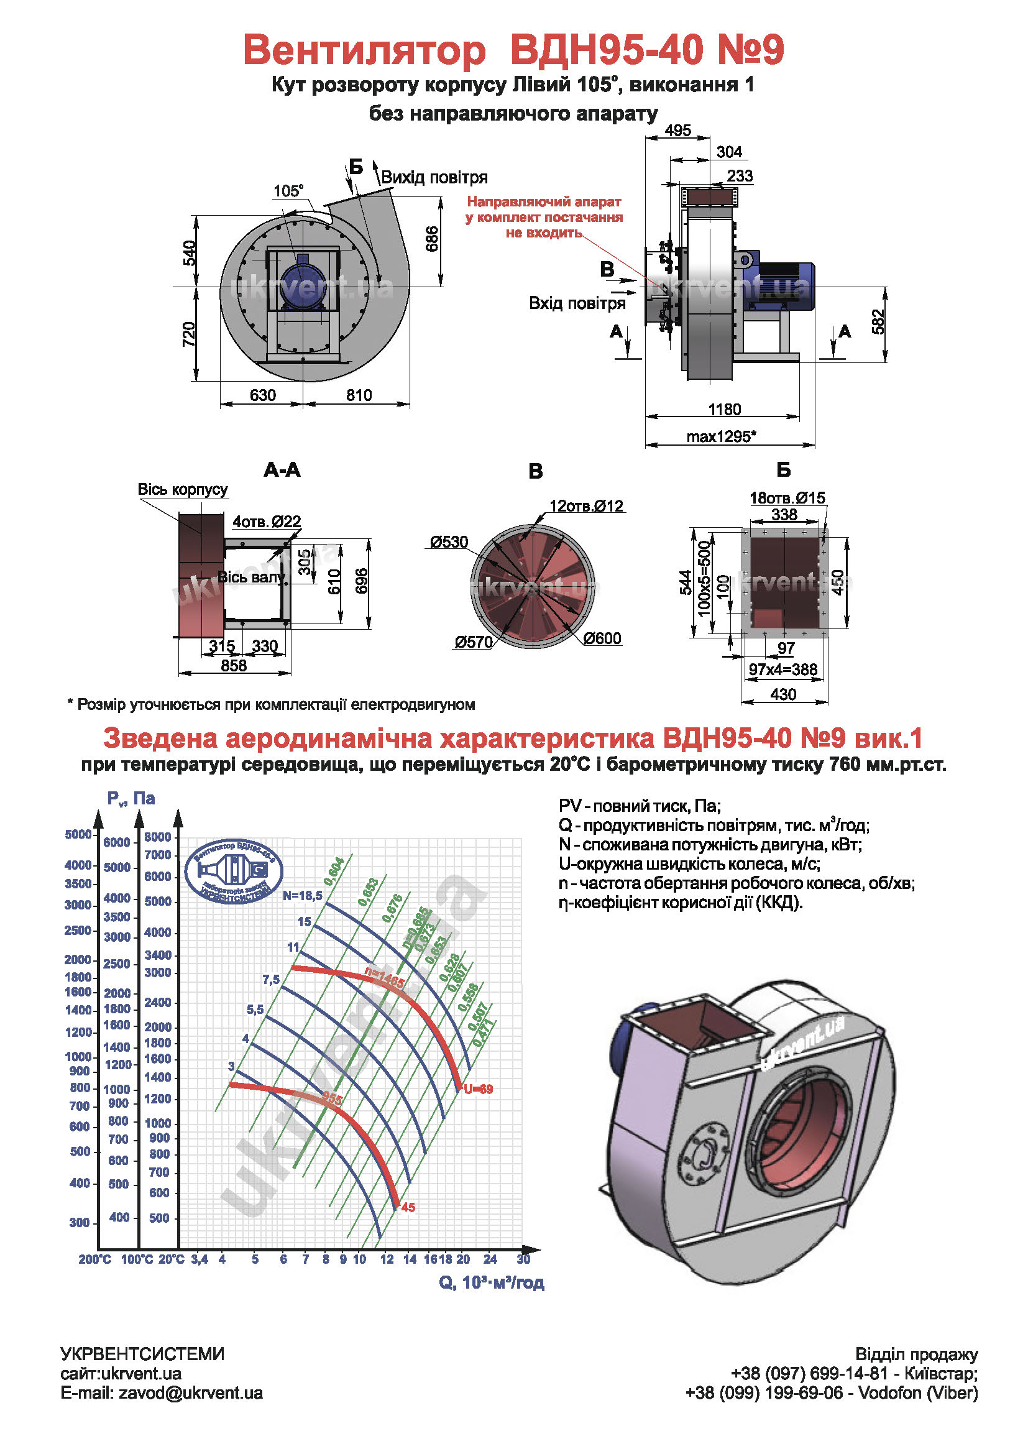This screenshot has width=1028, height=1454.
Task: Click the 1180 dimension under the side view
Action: [x=724, y=410]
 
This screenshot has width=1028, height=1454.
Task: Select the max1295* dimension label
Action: [x=722, y=436]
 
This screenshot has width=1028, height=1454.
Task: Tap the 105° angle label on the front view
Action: [x=288, y=191]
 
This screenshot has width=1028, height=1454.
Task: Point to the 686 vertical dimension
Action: [x=433, y=239]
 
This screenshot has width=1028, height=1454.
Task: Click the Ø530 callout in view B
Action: [x=449, y=542]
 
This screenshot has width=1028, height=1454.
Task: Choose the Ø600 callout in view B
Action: [x=602, y=638]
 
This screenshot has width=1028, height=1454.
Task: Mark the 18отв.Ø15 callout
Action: [x=787, y=498]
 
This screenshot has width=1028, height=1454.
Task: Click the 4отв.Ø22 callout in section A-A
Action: [x=267, y=522]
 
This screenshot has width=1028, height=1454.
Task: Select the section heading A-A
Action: [x=282, y=470]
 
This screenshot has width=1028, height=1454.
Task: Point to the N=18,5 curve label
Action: [x=303, y=895]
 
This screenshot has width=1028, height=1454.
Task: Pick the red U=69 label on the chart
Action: [x=478, y=1089]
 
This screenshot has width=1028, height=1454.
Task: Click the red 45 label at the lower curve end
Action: [x=408, y=1208]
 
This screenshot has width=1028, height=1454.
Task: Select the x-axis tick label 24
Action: [x=490, y=1259]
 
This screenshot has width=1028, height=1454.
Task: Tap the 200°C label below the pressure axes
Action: [x=95, y=1259]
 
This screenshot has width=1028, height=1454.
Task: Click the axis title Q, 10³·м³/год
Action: [x=491, y=1282]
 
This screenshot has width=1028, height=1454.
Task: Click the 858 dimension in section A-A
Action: [x=234, y=666]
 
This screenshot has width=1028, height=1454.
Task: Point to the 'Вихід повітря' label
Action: [x=434, y=177]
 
